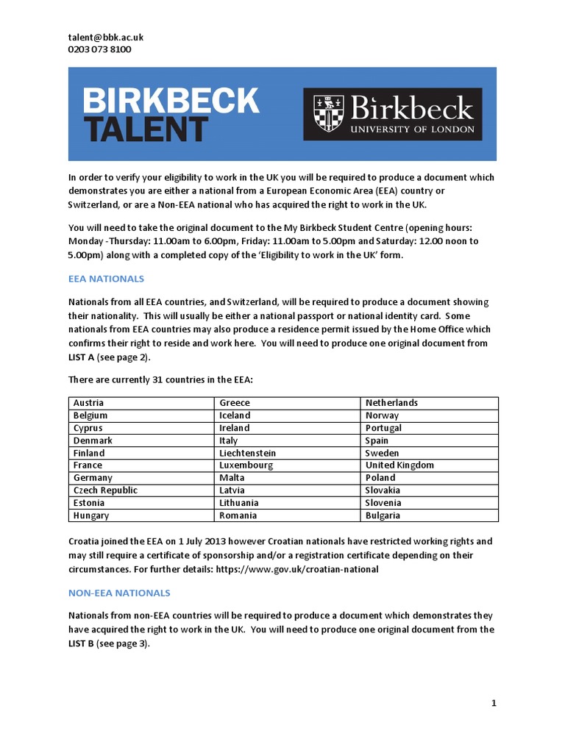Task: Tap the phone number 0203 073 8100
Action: [100, 49]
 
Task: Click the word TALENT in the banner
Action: [145, 129]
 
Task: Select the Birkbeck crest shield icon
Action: [328, 113]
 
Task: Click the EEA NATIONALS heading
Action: [106, 279]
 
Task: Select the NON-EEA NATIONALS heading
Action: [119, 592]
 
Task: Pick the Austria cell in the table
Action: [89, 403]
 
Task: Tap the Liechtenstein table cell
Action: [248, 453]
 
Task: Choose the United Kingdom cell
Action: [399, 465]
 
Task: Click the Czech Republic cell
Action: [105, 490]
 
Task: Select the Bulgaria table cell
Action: [383, 515]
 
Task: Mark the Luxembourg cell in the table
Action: [246, 465]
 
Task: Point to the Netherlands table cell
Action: [391, 403]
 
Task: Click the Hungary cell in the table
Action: [91, 515]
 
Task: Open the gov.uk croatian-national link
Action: [296, 568]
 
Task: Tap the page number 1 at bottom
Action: [494, 703]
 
